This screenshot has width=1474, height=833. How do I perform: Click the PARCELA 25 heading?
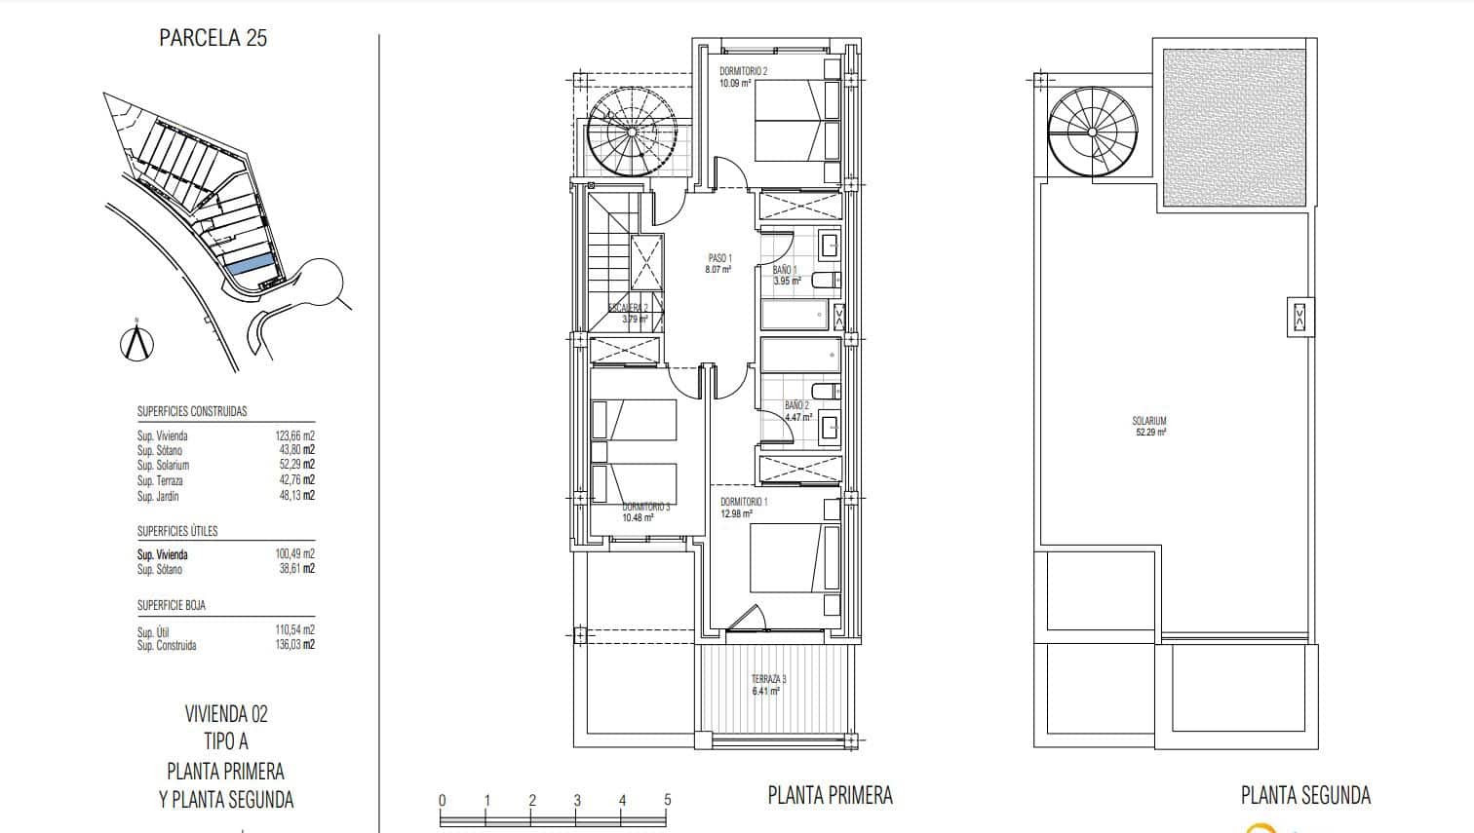213,38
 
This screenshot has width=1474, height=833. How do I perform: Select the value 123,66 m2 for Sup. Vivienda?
294,435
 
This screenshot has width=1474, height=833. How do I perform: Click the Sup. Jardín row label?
158,496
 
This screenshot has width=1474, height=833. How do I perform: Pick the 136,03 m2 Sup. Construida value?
294,645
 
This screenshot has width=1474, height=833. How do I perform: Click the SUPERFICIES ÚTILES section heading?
177,531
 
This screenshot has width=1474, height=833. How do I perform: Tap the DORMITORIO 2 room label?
743,71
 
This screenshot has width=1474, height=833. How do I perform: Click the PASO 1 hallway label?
718,258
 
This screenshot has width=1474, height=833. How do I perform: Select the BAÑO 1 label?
785,270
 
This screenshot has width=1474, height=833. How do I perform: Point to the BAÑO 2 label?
796,405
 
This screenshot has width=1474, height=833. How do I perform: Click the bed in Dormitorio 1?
794,557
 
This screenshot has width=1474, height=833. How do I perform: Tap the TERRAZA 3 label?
767,679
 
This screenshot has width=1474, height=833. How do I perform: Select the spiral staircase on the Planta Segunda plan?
1092,132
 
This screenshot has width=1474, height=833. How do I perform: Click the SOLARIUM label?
1149,421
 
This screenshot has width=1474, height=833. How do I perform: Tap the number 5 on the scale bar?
668,800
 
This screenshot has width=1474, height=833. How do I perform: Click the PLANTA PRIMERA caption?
830,795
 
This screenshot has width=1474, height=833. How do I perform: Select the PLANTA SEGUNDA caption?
1305,795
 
